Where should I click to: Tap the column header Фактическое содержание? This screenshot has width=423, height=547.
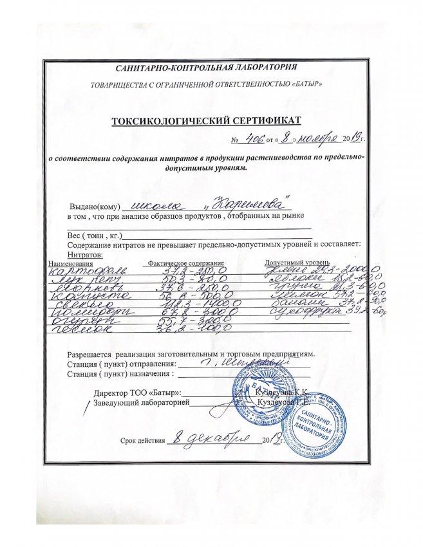coord(186,264)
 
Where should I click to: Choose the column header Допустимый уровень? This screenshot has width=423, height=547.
coord(297,263)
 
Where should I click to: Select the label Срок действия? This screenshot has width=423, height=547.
coord(142,441)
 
